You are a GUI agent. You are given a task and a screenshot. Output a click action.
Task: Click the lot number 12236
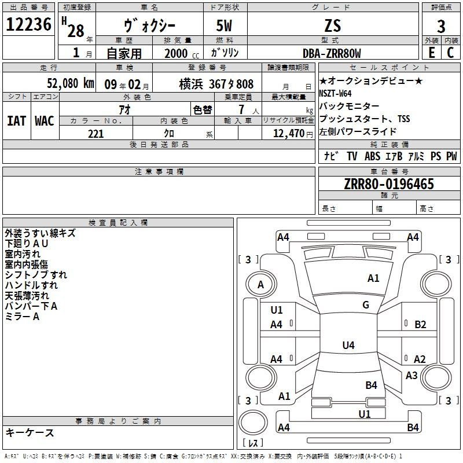(x=28, y=24)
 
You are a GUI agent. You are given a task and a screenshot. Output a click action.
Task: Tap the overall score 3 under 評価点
(x=441, y=26)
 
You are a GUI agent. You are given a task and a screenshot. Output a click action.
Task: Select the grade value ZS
(x=333, y=25)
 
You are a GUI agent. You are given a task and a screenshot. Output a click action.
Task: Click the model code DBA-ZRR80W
(x=332, y=53)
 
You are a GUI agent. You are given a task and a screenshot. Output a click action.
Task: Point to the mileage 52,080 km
(x=71, y=83)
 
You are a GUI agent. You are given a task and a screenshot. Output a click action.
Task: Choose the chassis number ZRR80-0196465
(x=389, y=184)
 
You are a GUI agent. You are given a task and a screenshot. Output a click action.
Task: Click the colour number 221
(x=95, y=134)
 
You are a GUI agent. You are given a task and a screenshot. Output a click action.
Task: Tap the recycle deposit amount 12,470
(x=289, y=134)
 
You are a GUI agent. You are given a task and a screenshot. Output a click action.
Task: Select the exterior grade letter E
(x=432, y=53)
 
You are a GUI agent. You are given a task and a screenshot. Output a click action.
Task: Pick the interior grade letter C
(x=450, y=53)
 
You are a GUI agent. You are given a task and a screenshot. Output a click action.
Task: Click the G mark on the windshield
(x=366, y=305)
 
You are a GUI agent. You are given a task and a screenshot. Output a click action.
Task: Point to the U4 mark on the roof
(x=348, y=345)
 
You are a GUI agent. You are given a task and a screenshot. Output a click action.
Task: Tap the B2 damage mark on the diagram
(x=420, y=325)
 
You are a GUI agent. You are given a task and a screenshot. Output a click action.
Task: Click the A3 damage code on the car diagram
(x=411, y=375)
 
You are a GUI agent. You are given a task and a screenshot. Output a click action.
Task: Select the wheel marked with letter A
(x=261, y=285)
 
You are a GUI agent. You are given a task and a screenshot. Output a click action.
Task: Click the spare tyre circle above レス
(x=253, y=422)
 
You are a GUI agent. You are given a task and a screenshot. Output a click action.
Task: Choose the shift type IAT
(x=17, y=121)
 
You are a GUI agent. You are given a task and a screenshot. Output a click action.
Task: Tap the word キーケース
(x=30, y=433)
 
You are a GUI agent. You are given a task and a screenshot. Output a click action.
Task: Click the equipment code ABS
(x=372, y=156)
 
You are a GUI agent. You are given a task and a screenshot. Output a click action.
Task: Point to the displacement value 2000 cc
(x=182, y=54)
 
